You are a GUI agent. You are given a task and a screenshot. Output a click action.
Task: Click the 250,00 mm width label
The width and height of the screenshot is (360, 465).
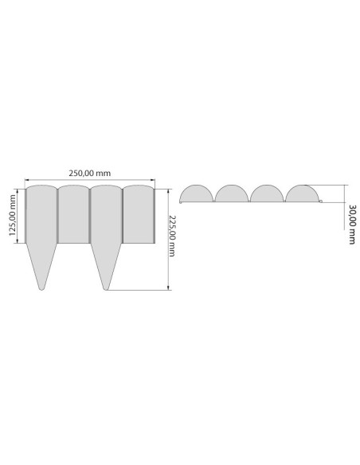(89, 173)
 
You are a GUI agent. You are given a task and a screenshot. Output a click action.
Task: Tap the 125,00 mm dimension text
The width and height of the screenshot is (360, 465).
(13, 215)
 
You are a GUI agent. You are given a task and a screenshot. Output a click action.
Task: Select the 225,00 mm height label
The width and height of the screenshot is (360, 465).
(172, 236)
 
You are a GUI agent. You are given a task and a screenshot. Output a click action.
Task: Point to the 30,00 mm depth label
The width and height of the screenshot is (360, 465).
(352, 225)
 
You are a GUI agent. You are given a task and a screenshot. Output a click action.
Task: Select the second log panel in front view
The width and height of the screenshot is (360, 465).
(73, 214)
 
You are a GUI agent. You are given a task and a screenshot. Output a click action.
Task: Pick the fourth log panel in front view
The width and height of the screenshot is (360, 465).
(139, 214)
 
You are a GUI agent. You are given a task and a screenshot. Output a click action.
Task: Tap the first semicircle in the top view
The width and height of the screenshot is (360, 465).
(196, 193)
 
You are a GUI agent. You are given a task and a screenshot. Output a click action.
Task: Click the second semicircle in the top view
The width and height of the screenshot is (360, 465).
(232, 193)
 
